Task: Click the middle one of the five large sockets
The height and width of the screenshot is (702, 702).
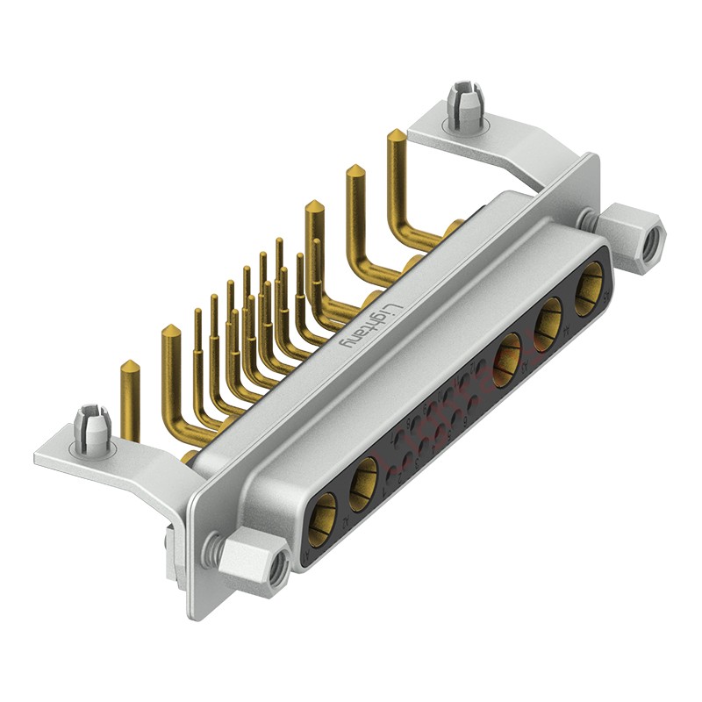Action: click(x=506, y=362)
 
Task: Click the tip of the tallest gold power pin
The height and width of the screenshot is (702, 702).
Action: click(x=396, y=136)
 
